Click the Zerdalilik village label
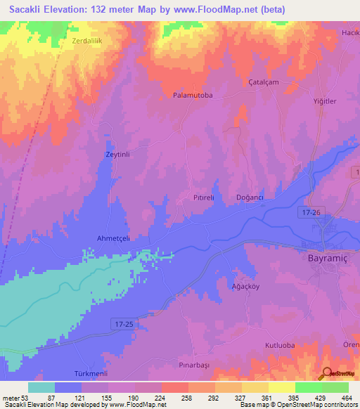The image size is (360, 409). coord(87,41)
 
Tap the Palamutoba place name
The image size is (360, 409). coord(193,94)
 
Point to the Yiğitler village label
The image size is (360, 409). coord(325,101)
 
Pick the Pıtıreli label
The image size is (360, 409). coord(203,198)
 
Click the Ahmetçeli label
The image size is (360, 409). coord(113,238)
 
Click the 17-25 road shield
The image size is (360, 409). coord(122,322)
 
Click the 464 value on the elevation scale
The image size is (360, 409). coord(346,398)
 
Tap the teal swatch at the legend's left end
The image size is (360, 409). coord(41,387)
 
